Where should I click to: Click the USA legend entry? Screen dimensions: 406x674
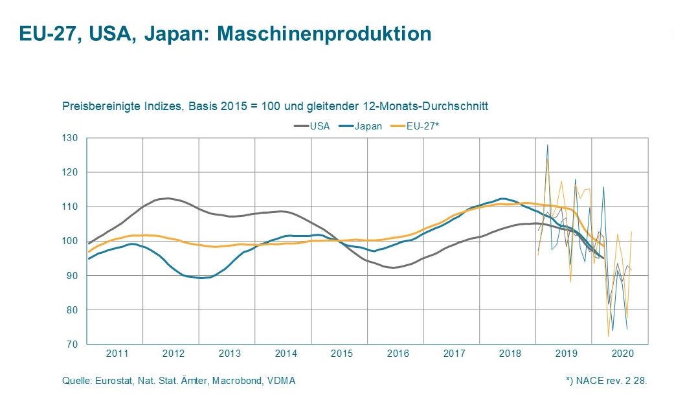click(x=319, y=126)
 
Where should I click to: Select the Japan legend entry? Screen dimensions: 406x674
click(x=368, y=126)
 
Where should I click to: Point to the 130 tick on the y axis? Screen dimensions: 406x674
click(x=70, y=138)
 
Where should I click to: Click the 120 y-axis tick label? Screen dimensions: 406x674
click(x=70, y=172)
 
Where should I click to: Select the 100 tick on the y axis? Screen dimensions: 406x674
click(x=70, y=241)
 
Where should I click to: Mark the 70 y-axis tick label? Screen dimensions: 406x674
click(x=72, y=344)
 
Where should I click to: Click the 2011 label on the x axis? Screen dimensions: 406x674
click(x=117, y=354)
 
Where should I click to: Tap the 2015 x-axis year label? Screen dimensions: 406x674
click(x=342, y=354)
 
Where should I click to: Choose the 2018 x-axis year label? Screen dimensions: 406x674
click(x=510, y=354)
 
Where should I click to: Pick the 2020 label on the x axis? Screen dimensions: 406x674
click(x=622, y=354)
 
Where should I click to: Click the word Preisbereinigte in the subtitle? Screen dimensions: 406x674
click(x=93, y=106)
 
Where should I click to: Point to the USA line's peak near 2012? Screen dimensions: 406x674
click(x=168, y=198)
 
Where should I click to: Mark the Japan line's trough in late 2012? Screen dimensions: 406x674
click(x=201, y=278)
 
